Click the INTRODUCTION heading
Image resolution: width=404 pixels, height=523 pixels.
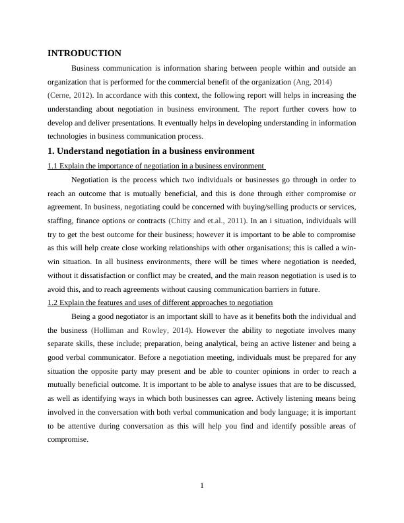pos(84,53)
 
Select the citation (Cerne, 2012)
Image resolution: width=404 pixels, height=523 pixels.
pos(70,96)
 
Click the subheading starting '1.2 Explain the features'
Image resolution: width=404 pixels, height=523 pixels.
pos(160,302)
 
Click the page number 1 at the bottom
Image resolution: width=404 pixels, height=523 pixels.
pos(202,487)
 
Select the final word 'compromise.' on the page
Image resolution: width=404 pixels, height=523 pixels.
pos(67,440)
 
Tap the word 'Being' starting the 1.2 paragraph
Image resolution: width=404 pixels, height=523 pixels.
pos(82,316)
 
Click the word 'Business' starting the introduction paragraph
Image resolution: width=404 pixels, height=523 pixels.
pos(88,68)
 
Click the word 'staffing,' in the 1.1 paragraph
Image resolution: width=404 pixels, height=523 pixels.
pos(60,221)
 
